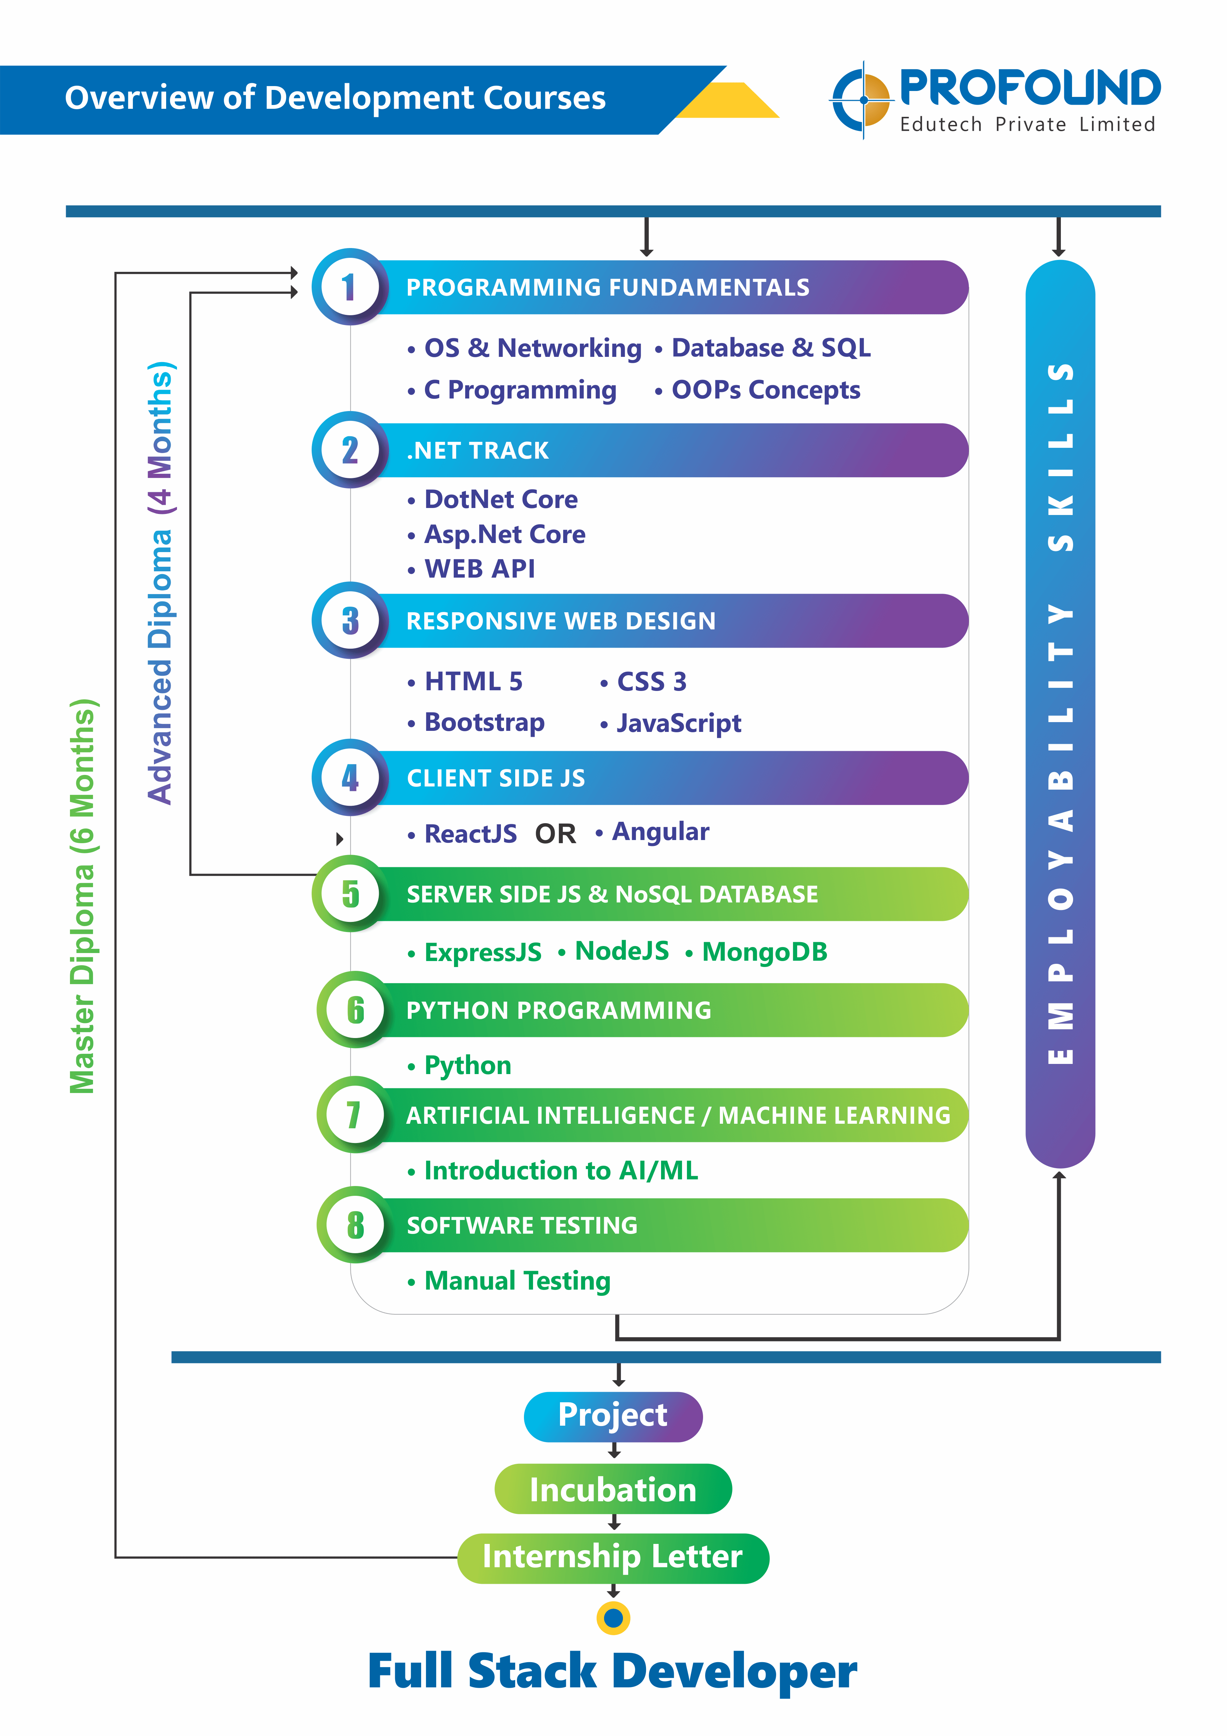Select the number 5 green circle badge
pos(350,894)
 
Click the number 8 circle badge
pos(355,1225)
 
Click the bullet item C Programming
pos(512,390)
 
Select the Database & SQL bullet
pos(763,348)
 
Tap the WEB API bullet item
pos(471,569)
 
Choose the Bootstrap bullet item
pos(476,723)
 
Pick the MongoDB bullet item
pos(756,952)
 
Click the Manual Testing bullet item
pos(509,1281)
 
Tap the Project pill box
pos(613,1416)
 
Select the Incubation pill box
pos(613,1489)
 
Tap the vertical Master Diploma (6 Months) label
pos(83,896)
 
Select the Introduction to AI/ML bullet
pos(553,1170)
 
